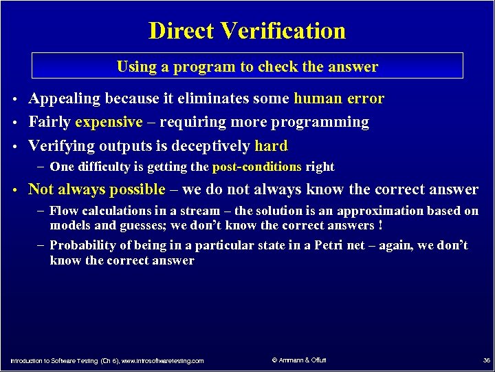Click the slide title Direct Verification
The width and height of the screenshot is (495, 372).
click(247, 31)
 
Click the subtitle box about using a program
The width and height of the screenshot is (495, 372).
click(247, 66)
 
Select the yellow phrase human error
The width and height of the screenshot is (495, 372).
click(338, 99)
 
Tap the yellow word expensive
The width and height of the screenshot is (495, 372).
click(109, 123)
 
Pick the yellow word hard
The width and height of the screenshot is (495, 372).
click(271, 146)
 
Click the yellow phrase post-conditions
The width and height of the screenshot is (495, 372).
click(257, 167)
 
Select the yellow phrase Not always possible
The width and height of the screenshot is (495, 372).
click(96, 189)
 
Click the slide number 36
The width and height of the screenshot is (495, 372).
click(486, 360)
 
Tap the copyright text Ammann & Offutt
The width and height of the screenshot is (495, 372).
click(299, 360)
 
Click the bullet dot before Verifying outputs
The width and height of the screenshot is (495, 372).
click(14, 147)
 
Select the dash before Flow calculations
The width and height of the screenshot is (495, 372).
click(42, 211)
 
